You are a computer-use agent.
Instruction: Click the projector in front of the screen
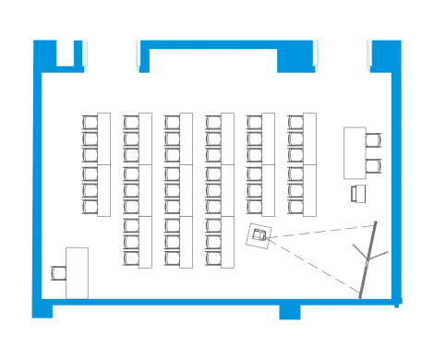pos(261,236)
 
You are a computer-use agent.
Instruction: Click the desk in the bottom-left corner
pos(78,272)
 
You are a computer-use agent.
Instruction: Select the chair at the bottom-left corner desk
pos(60,272)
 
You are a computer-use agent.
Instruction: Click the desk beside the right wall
pos(356,152)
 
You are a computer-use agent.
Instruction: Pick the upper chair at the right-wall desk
pos(373,141)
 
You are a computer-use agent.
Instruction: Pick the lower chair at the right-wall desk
pos(373,166)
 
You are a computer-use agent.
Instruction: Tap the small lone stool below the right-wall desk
pos(357,193)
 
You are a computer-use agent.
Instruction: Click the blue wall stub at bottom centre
pos(290,312)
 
